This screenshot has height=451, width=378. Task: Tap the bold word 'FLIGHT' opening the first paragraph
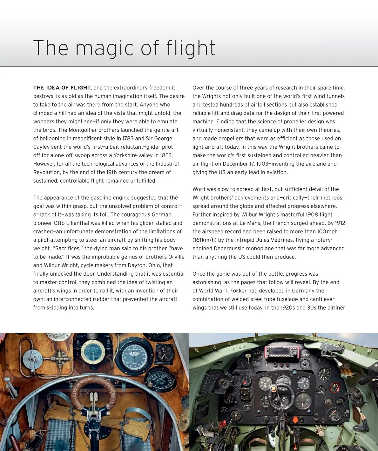80,88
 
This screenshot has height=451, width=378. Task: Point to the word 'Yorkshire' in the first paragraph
128,155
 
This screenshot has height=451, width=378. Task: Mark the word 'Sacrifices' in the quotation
69,248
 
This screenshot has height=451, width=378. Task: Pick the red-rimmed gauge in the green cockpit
334,387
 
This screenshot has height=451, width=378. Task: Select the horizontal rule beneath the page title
189,67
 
